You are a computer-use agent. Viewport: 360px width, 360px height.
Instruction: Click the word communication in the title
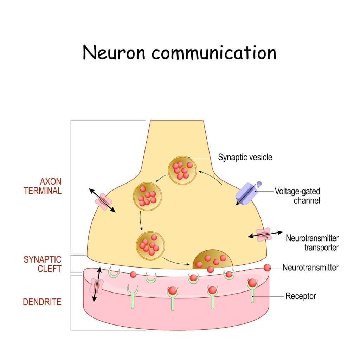(214, 53)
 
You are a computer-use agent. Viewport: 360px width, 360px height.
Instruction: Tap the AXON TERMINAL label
(51, 186)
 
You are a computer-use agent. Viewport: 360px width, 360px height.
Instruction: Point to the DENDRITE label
(42, 302)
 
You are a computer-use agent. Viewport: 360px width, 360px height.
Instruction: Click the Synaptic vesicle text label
(245, 157)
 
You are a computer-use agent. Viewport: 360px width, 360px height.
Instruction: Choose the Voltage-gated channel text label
(297, 196)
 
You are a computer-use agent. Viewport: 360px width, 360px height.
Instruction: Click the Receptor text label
(301, 296)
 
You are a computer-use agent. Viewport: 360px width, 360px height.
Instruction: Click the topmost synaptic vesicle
(181, 170)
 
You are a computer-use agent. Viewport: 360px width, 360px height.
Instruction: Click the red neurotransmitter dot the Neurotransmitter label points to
(268, 268)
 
